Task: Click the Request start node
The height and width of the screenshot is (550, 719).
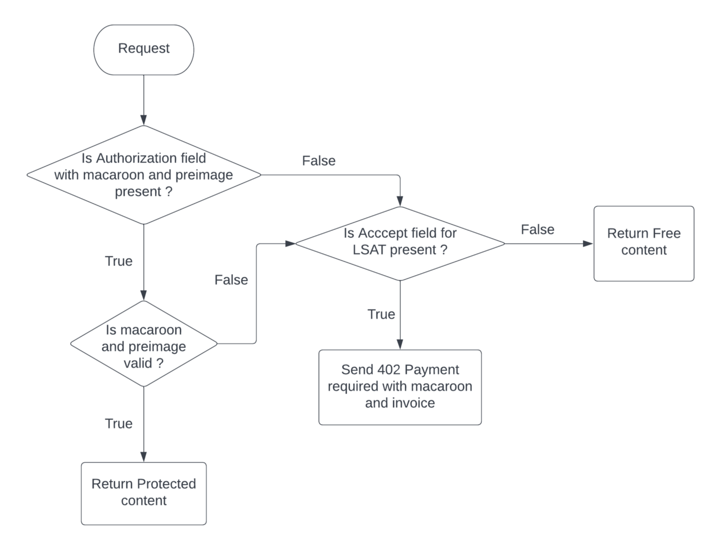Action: [x=144, y=49]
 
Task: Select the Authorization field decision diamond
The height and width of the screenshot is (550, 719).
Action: [x=144, y=175]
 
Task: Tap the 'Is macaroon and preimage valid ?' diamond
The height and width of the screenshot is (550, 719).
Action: [x=144, y=344]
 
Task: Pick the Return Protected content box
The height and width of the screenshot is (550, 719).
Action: [x=144, y=493]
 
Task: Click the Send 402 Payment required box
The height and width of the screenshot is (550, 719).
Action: [x=400, y=387]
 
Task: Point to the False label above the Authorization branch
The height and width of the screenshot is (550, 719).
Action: [x=318, y=161]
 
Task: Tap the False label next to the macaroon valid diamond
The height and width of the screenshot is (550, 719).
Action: [x=231, y=280]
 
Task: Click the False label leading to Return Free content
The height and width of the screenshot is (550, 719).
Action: [x=537, y=230]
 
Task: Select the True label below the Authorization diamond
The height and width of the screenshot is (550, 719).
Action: [x=119, y=261]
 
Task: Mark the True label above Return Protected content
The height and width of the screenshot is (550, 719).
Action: [x=119, y=424]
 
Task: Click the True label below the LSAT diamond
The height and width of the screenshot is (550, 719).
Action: [x=381, y=314]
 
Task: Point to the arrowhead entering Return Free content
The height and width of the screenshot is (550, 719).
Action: [x=588, y=243]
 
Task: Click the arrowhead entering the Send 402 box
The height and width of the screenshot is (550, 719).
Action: [x=400, y=345]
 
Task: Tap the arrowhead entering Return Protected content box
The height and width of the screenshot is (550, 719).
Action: [x=144, y=457]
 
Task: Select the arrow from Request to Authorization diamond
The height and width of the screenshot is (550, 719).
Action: [x=144, y=100]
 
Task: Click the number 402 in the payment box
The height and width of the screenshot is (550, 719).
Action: [x=389, y=370]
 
